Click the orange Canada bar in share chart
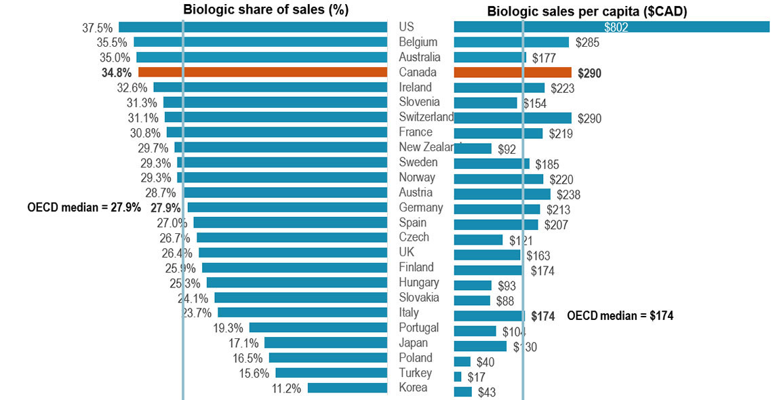tap(262, 72)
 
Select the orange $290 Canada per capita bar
tap(513, 73)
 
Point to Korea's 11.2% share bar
tap(347, 388)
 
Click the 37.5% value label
tap(96, 27)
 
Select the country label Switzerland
tap(427, 117)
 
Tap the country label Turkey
tap(415, 373)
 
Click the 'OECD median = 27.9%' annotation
tap(84, 207)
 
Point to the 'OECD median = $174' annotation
tap(620, 315)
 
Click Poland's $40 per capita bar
tap(462, 361)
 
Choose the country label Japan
tap(413, 342)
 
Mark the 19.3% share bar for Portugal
tap(318, 327)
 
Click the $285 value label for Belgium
tap(587, 43)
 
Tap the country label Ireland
tap(415, 87)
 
